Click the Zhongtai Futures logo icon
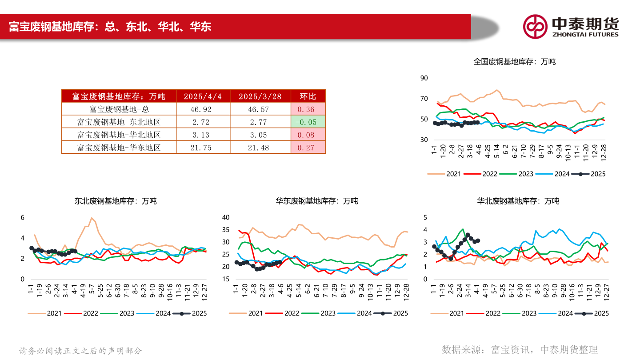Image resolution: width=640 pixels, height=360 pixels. click(x=535, y=26)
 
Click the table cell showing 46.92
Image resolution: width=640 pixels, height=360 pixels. click(x=203, y=109)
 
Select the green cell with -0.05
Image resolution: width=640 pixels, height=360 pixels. click(x=308, y=122)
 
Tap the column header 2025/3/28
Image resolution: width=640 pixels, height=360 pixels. click(x=260, y=96)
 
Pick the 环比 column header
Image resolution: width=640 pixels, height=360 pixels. click(x=308, y=96)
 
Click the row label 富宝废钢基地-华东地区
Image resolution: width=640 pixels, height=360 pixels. click(x=119, y=148)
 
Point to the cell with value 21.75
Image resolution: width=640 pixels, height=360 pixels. click(x=203, y=148)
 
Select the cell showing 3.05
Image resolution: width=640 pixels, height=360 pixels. click(x=260, y=135)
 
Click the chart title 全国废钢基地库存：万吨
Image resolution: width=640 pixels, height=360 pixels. click(x=514, y=62)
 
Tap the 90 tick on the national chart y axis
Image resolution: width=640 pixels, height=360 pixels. click(x=424, y=78)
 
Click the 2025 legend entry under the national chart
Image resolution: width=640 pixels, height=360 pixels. click(x=588, y=174)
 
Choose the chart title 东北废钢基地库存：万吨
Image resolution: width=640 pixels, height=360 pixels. click(x=116, y=201)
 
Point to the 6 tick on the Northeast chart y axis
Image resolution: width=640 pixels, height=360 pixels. click(x=22, y=217)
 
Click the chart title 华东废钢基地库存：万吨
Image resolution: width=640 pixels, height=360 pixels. click(x=317, y=201)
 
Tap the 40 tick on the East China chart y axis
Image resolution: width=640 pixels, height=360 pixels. click(x=225, y=217)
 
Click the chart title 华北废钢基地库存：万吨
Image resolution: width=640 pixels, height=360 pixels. click(x=518, y=201)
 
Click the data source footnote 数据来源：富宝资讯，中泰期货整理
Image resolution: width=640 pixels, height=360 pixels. click(x=520, y=350)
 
